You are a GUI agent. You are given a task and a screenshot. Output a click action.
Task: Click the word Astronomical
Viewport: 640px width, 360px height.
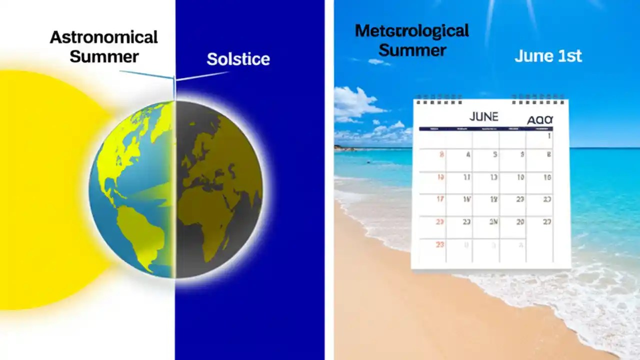point(103,37)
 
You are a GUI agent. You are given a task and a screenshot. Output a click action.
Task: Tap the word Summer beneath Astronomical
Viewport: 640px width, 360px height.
point(103,56)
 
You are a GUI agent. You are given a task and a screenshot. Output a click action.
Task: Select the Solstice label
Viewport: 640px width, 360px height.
point(238,59)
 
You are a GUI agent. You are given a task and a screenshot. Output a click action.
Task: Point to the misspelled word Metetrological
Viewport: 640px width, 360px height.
point(411,31)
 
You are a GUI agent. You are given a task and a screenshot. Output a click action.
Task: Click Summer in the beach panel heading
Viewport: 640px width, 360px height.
point(412,50)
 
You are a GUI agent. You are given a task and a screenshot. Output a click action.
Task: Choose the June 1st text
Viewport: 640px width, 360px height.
point(548,56)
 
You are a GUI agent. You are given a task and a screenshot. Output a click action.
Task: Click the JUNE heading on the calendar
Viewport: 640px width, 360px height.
point(483,117)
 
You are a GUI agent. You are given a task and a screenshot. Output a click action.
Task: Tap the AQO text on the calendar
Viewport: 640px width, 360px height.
point(540,120)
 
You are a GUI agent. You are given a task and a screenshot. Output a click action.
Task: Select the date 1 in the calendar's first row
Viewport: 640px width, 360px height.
point(549,135)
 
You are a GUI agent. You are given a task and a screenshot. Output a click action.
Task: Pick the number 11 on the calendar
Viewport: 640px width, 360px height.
point(466,177)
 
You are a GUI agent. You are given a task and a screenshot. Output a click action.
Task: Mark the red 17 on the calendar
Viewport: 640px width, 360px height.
point(440,199)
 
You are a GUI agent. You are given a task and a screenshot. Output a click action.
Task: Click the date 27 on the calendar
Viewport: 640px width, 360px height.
point(547,221)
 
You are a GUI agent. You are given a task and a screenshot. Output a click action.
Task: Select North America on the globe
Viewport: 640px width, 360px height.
point(125,150)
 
